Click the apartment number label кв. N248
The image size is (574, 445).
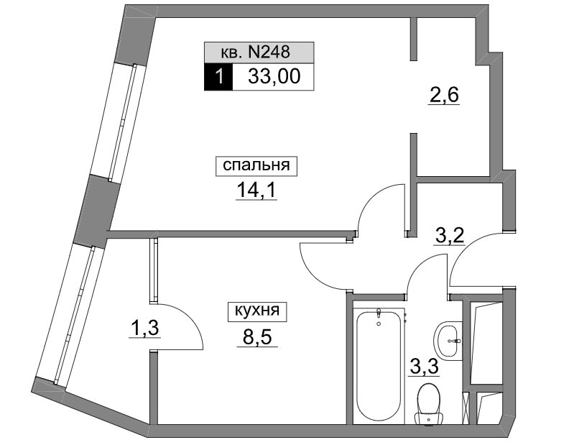click(x=256, y=52)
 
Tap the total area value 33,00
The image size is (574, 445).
click(x=274, y=76)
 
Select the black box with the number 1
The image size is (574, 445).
click(x=218, y=77)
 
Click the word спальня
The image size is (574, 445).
click(x=256, y=165)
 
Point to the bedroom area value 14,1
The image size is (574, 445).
click(x=256, y=190)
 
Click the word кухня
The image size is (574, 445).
click(x=257, y=311)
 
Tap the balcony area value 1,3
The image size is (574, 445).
click(x=144, y=328)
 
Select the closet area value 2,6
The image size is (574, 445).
click(x=443, y=96)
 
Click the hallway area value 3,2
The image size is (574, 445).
click(x=449, y=236)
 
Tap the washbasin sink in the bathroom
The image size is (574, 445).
click(x=448, y=339)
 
